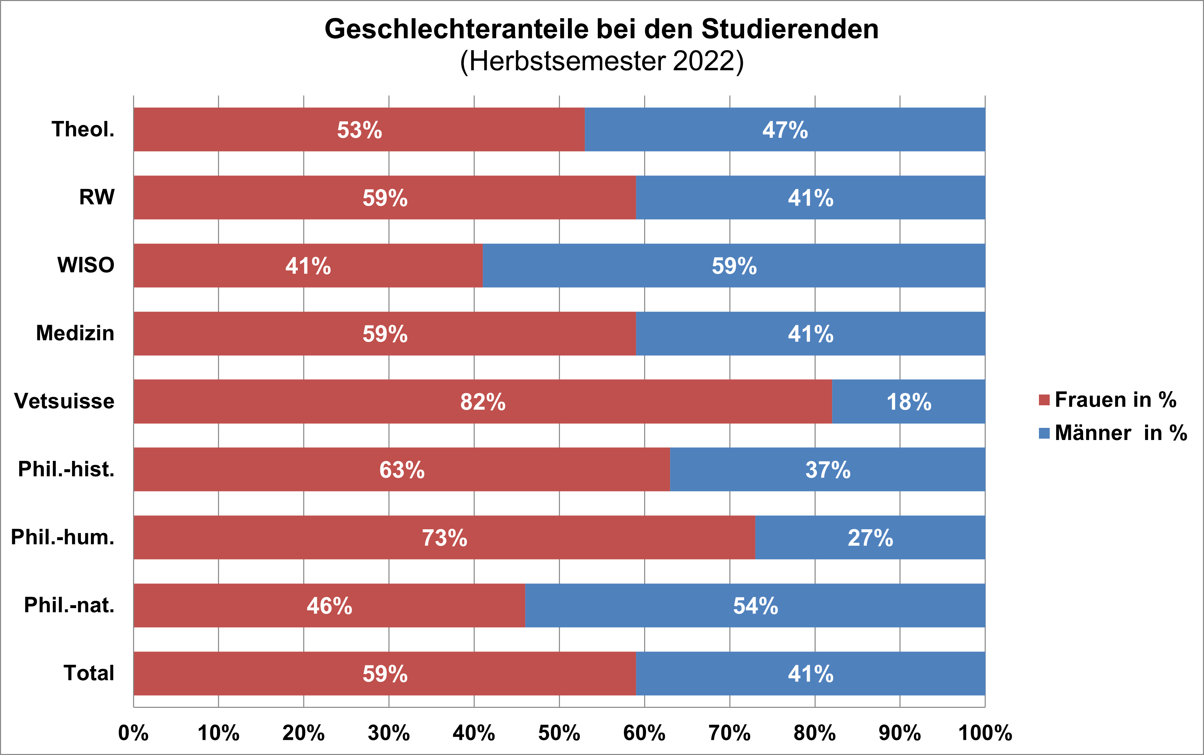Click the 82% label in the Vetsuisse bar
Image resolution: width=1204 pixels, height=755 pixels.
tap(483, 402)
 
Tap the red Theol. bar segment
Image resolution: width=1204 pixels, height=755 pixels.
tap(250, 129)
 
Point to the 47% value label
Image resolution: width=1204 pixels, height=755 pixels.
tap(785, 130)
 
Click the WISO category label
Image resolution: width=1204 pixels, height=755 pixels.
tap(86, 265)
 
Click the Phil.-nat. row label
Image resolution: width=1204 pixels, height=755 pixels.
tap(69, 605)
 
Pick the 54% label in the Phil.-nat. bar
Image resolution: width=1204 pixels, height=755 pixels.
tap(755, 606)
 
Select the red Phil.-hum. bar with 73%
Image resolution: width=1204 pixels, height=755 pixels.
tap(299, 538)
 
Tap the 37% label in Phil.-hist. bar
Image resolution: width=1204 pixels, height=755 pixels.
tap(828, 470)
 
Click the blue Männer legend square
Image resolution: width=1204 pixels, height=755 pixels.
tap(1044, 433)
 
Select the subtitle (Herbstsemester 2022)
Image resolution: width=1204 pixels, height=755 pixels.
tap(602, 61)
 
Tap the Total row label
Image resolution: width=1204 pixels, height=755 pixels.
tap(89, 673)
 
